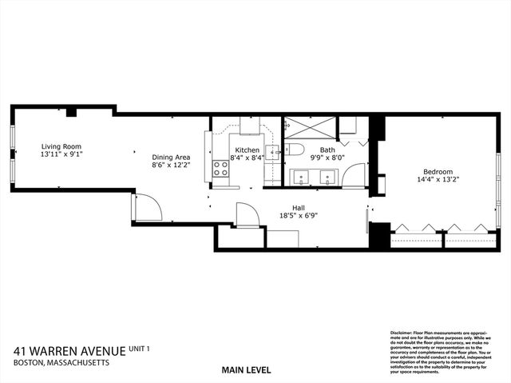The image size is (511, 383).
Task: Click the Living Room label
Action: click(61, 146)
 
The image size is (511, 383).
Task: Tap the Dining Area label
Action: click(171, 158)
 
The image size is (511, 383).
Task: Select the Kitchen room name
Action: click(247, 150)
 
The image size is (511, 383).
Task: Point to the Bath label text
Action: click(327, 150)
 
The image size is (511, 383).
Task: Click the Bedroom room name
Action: click(438, 171)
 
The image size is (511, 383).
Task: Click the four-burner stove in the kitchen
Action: click(219, 169)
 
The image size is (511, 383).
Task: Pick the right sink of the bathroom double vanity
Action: click(327, 178)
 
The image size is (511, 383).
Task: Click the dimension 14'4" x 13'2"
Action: click(438, 180)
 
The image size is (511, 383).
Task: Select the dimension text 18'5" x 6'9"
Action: click(299, 215)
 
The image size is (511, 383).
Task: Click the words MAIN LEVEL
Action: click(247, 370)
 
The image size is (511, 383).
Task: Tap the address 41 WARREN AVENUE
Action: click(69, 351)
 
